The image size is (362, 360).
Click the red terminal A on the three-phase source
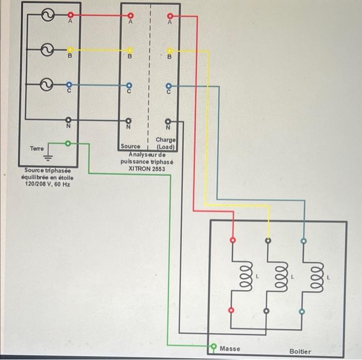pyautogui.click(x=70, y=15)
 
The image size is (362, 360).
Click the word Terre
pyautogui.click(x=37, y=148)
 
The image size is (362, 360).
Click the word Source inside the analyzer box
pyautogui.click(x=130, y=146)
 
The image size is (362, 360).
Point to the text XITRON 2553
pyautogui.click(x=147, y=169)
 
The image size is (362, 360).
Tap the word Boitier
pyautogui.click(x=300, y=351)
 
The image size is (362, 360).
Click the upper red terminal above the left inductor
pyautogui.click(x=232, y=240)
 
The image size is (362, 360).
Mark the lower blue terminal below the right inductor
pyautogui.click(x=302, y=311)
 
